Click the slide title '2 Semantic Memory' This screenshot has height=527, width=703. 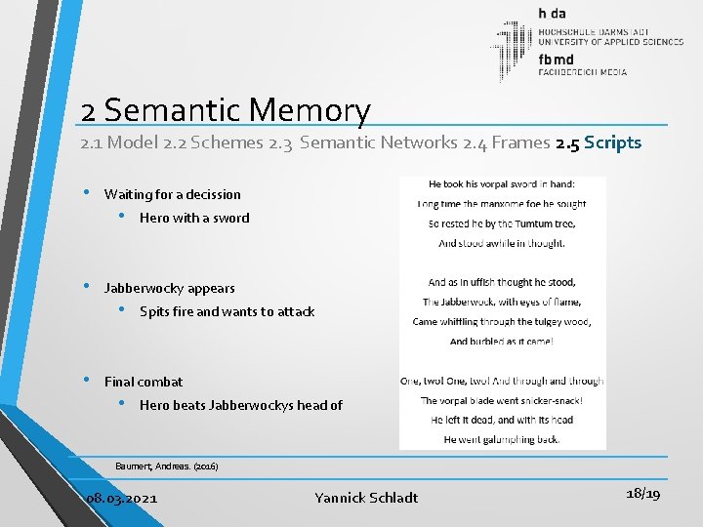click(x=227, y=111)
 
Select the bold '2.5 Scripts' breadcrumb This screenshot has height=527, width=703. click(x=599, y=142)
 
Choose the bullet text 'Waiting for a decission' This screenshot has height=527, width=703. click(x=172, y=194)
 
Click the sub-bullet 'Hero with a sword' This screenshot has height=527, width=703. click(x=194, y=218)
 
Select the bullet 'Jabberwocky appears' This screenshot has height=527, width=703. click(x=169, y=288)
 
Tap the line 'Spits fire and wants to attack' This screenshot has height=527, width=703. click(x=227, y=311)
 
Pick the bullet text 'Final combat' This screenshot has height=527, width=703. click(x=144, y=382)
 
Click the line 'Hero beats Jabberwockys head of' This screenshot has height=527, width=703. click(x=241, y=405)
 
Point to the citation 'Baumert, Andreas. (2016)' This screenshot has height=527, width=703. click(x=167, y=466)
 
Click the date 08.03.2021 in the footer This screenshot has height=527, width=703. click(x=122, y=498)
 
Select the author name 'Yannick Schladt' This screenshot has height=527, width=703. click(x=366, y=498)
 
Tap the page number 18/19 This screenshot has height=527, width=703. click(x=641, y=495)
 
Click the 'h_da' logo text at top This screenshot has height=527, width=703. click(x=553, y=14)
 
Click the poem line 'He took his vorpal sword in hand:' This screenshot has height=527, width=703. click(x=501, y=183)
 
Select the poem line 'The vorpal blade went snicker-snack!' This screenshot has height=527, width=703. click(x=501, y=400)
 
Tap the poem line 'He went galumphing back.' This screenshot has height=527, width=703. click(x=501, y=439)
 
